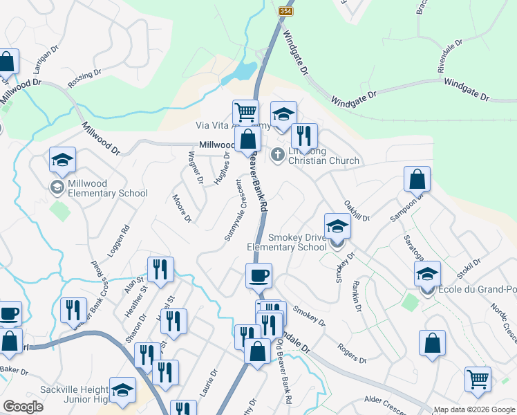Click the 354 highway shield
click(x=285, y=11)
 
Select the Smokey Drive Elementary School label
click(x=287, y=242)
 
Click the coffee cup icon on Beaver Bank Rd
click(x=258, y=276)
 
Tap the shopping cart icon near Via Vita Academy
click(x=245, y=112)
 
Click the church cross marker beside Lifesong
click(x=278, y=154)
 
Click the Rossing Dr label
click(x=84, y=78)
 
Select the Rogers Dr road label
click(x=352, y=354)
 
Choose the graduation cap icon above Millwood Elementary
click(x=62, y=160)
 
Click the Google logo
click(x=23, y=407)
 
